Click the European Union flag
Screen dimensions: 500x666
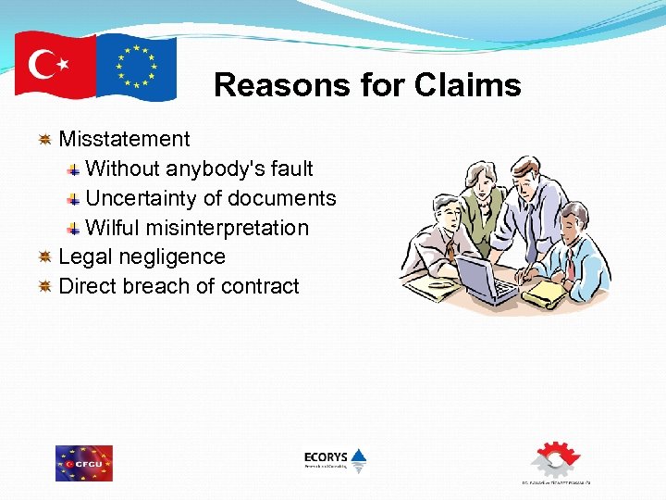click(x=137, y=67)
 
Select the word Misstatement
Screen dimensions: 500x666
click(x=124, y=139)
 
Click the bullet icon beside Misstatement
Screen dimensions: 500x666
click(x=43, y=140)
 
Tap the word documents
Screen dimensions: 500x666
click(x=282, y=198)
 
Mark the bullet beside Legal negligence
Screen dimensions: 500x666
click(x=43, y=257)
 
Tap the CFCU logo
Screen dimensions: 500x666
click(x=84, y=463)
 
